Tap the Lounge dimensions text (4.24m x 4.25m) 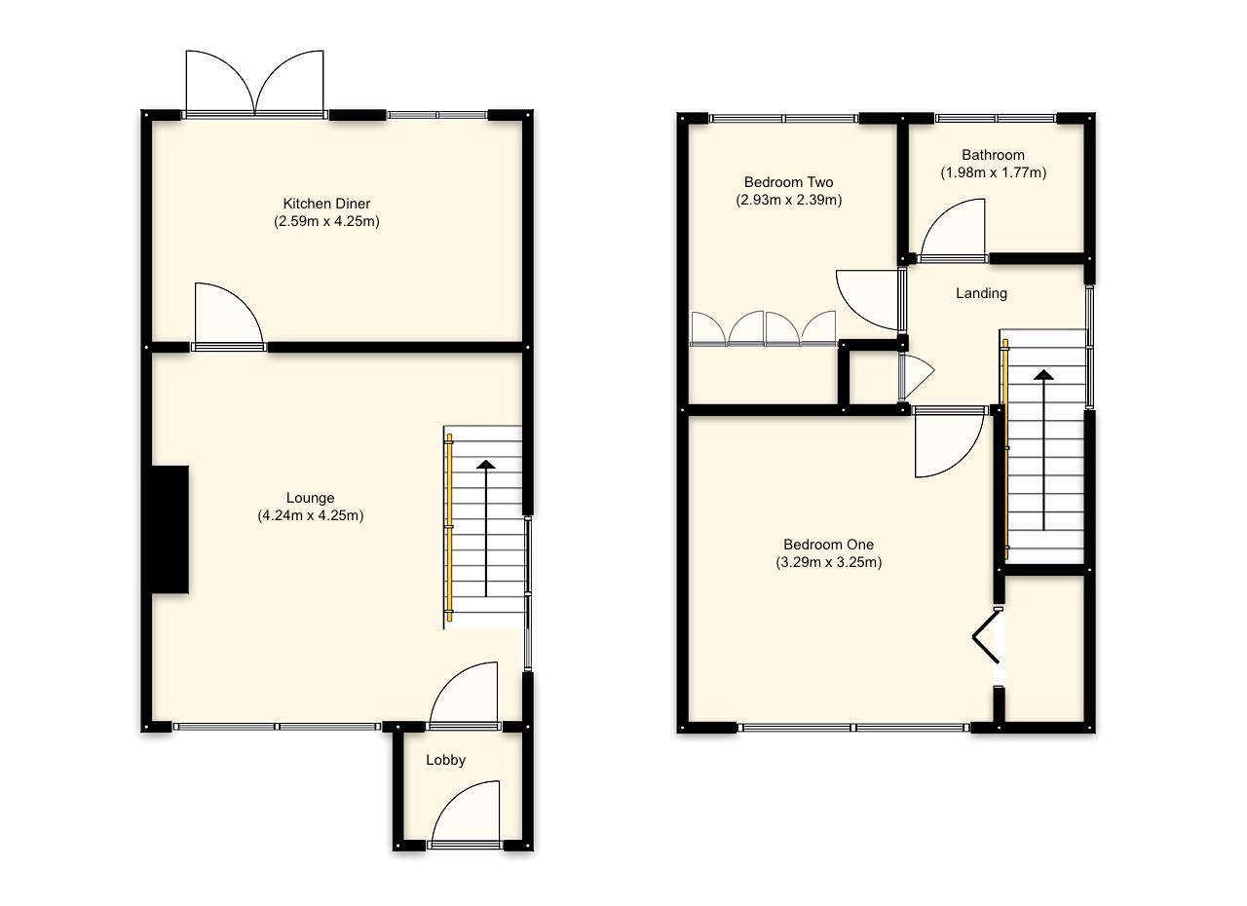[310, 515]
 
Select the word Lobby [445, 760]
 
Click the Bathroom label [993, 155]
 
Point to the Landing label [981, 293]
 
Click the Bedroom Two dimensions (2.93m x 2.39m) [788, 200]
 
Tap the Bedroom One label [828, 545]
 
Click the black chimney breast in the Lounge [169, 528]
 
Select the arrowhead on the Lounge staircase [485, 465]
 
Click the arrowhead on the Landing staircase [1043, 375]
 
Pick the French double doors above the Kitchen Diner [254, 85]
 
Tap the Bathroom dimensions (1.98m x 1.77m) [993, 172]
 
